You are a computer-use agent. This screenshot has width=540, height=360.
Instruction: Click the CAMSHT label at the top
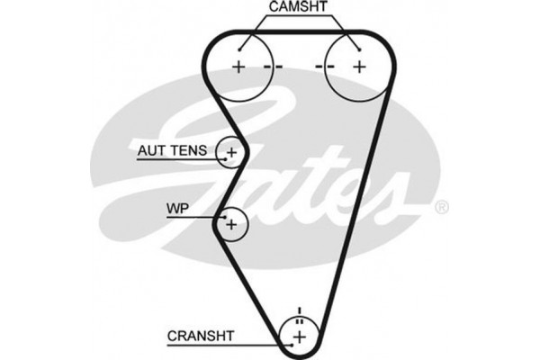click(x=297, y=9)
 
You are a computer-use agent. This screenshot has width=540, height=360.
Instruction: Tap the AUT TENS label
click(x=173, y=150)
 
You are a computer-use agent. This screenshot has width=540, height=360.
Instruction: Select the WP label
click(x=176, y=209)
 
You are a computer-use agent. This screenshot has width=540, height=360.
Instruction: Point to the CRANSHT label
click(x=200, y=336)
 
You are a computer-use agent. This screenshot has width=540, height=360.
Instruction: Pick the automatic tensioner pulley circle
click(x=231, y=153)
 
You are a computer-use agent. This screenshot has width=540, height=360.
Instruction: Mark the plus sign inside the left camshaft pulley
click(x=238, y=67)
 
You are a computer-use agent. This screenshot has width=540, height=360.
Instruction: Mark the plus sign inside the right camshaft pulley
click(x=359, y=67)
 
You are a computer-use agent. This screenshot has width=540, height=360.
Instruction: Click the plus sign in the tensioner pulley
click(x=231, y=153)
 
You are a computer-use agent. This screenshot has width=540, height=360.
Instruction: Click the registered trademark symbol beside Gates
click(x=441, y=208)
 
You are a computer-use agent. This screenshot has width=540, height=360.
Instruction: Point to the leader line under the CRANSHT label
click(x=225, y=345)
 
